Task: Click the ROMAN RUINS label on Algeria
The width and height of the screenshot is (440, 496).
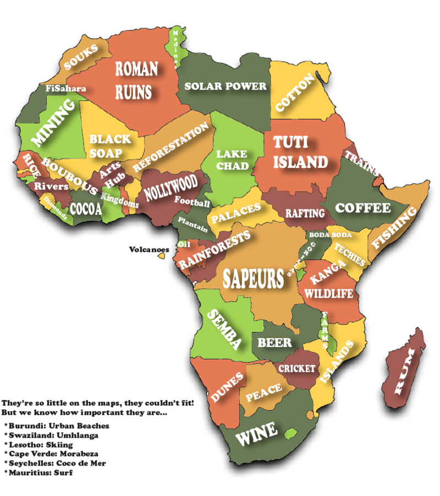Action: click(x=136, y=79)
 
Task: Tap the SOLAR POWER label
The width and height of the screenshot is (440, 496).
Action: click(x=226, y=87)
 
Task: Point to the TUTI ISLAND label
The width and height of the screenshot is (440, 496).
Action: click(x=300, y=152)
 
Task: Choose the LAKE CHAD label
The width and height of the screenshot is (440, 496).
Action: click(x=232, y=159)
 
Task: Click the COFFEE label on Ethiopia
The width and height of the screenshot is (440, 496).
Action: click(x=363, y=208)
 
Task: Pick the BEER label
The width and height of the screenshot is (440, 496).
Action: click(x=275, y=343)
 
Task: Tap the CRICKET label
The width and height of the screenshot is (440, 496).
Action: click(x=297, y=368)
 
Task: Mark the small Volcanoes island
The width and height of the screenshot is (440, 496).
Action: click(x=162, y=256)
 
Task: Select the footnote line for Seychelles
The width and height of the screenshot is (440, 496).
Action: click(x=55, y=463)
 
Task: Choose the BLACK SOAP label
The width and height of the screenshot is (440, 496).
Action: click(x=110, y=145)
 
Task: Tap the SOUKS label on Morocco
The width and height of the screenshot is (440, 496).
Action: click(x=81, y=57)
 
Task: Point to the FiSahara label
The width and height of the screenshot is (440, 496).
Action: click(x=65, y=88)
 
